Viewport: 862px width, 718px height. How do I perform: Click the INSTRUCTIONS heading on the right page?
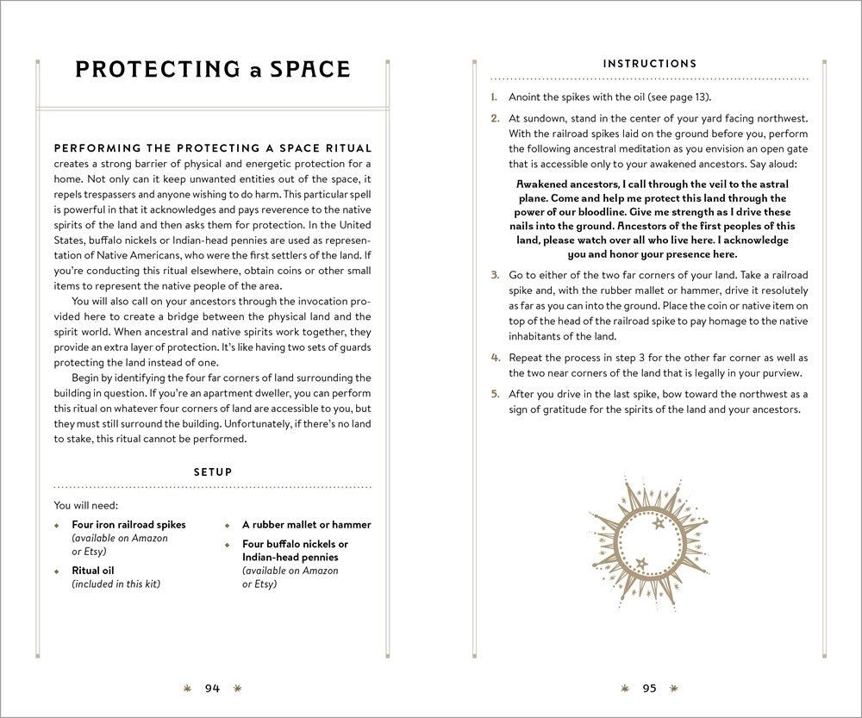tap(649, 64)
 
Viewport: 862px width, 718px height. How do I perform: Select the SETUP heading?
tap(212, 472)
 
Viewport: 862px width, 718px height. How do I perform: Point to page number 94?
tap(212, 688)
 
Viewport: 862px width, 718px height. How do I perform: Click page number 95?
tap(649, 688)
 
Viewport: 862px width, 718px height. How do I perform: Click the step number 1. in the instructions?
tap(495, 97)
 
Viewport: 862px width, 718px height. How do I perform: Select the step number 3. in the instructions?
tap(495, 275)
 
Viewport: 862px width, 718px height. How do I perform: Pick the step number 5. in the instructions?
tap(495, 394)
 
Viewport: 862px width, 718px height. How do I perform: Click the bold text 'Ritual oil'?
tap(93, 571)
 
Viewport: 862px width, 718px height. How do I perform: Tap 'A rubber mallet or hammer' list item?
tap(306, 524)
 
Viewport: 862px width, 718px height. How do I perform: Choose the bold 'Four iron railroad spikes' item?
tap(128, 524)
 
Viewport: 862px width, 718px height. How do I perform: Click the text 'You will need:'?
tap(85, 505)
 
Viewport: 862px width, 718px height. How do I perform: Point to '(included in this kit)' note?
tap(116, 584)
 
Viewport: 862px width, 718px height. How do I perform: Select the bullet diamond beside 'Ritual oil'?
tap(58, 571)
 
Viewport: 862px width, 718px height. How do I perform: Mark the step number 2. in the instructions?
tap(495, 118)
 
